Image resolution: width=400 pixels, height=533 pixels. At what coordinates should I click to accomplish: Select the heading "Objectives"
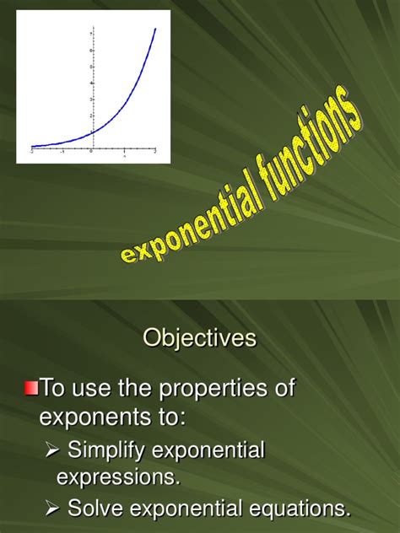[200, 338]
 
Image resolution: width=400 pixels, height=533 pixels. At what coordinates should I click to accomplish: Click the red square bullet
[31, 389]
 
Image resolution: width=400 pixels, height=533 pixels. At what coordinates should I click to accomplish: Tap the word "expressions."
[118, 477]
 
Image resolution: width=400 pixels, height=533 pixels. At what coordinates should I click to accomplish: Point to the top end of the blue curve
[155, 29]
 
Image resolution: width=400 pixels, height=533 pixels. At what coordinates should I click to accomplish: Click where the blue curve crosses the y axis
[92, 132]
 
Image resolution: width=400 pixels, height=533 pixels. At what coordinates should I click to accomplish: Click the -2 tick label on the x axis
[31, 152]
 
